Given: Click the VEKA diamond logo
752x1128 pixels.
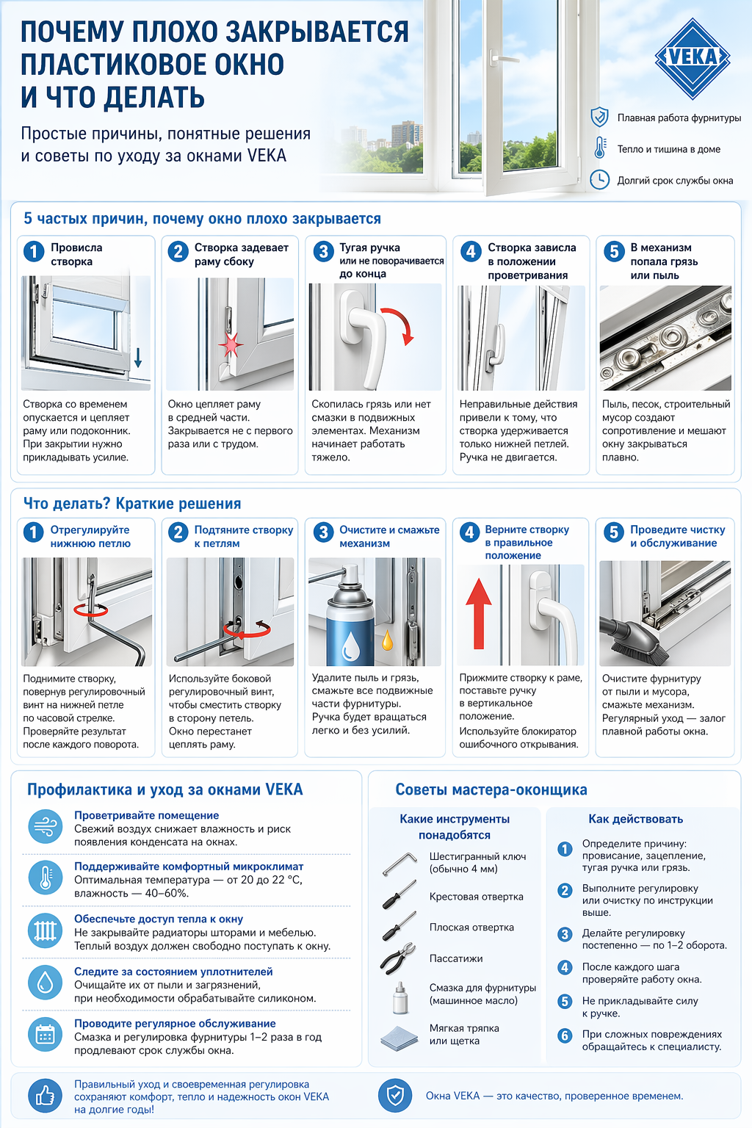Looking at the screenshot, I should (692, 58).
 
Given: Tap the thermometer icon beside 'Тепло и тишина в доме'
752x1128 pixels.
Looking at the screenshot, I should (600, 148).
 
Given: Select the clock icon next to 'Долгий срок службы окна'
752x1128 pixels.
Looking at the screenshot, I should (600, 180).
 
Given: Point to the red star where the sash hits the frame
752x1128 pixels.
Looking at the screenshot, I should (231, 344).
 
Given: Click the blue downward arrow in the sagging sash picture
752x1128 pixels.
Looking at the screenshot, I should (137, 358).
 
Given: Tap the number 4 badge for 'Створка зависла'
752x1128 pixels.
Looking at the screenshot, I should (470, 252).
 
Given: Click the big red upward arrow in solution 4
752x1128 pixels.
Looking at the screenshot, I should (479, 612).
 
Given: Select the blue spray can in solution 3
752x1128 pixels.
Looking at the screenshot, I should (351, 624).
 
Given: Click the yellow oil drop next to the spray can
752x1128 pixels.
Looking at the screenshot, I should (387, 640).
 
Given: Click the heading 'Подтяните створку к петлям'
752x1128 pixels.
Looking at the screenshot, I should (243, 537).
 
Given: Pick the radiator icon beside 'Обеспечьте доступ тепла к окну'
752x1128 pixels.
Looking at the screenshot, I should (46, 931).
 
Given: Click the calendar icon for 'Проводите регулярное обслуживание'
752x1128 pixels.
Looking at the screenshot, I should (46, 1035).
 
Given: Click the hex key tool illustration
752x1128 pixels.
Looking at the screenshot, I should (399, 864).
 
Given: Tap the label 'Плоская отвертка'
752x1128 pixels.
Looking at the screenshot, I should (471, 928).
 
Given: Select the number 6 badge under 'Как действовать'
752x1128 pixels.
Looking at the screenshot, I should (565, 1035).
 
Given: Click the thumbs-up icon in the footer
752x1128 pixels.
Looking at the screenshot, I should (46, 1096).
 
